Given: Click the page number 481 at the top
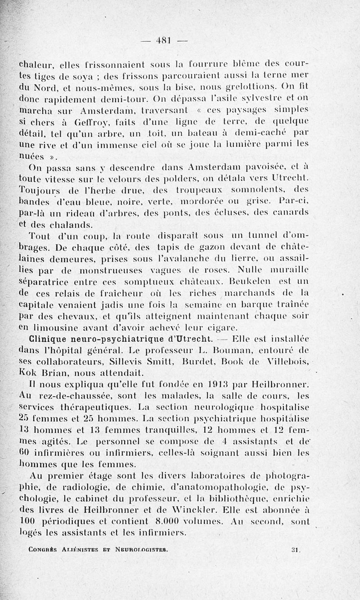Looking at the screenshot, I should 162,40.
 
